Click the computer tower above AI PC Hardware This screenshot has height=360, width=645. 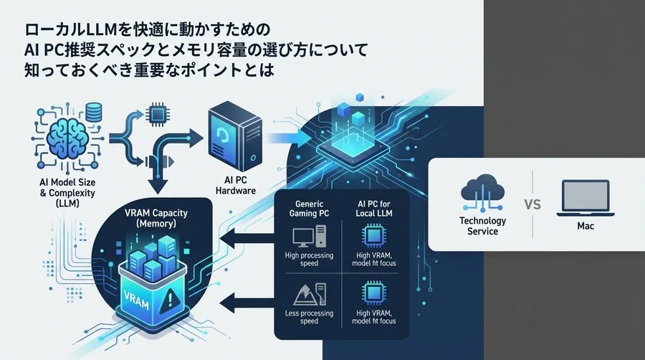click(x=231, y=136)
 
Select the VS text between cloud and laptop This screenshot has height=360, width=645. click(x=532, y=203)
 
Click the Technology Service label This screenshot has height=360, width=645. click(x=482, y=227)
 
